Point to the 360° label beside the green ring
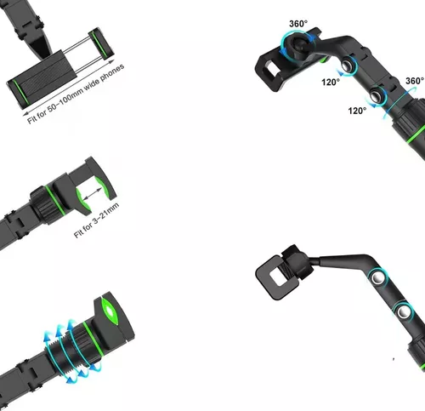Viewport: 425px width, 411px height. (415, 81)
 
